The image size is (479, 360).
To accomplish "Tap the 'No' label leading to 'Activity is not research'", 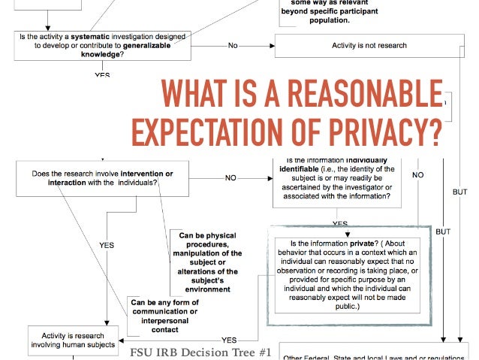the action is coord(233,46).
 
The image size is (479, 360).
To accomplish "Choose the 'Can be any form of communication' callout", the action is coord(164,316).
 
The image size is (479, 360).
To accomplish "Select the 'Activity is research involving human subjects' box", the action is coord(74,340).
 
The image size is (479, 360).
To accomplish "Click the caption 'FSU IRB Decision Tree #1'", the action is coord(200,352).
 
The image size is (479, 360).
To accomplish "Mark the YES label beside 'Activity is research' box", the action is coord(229,340).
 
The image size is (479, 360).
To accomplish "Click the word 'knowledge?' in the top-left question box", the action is coord(102,54).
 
